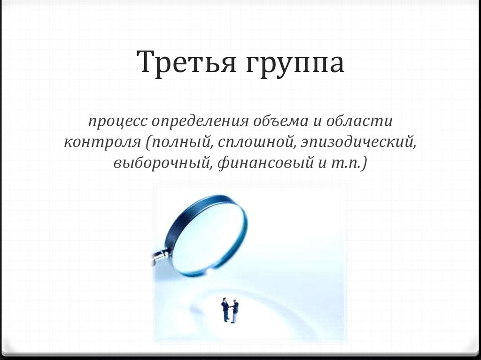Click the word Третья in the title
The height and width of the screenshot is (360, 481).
point(186,63)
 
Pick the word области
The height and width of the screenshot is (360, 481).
point(361,121)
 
